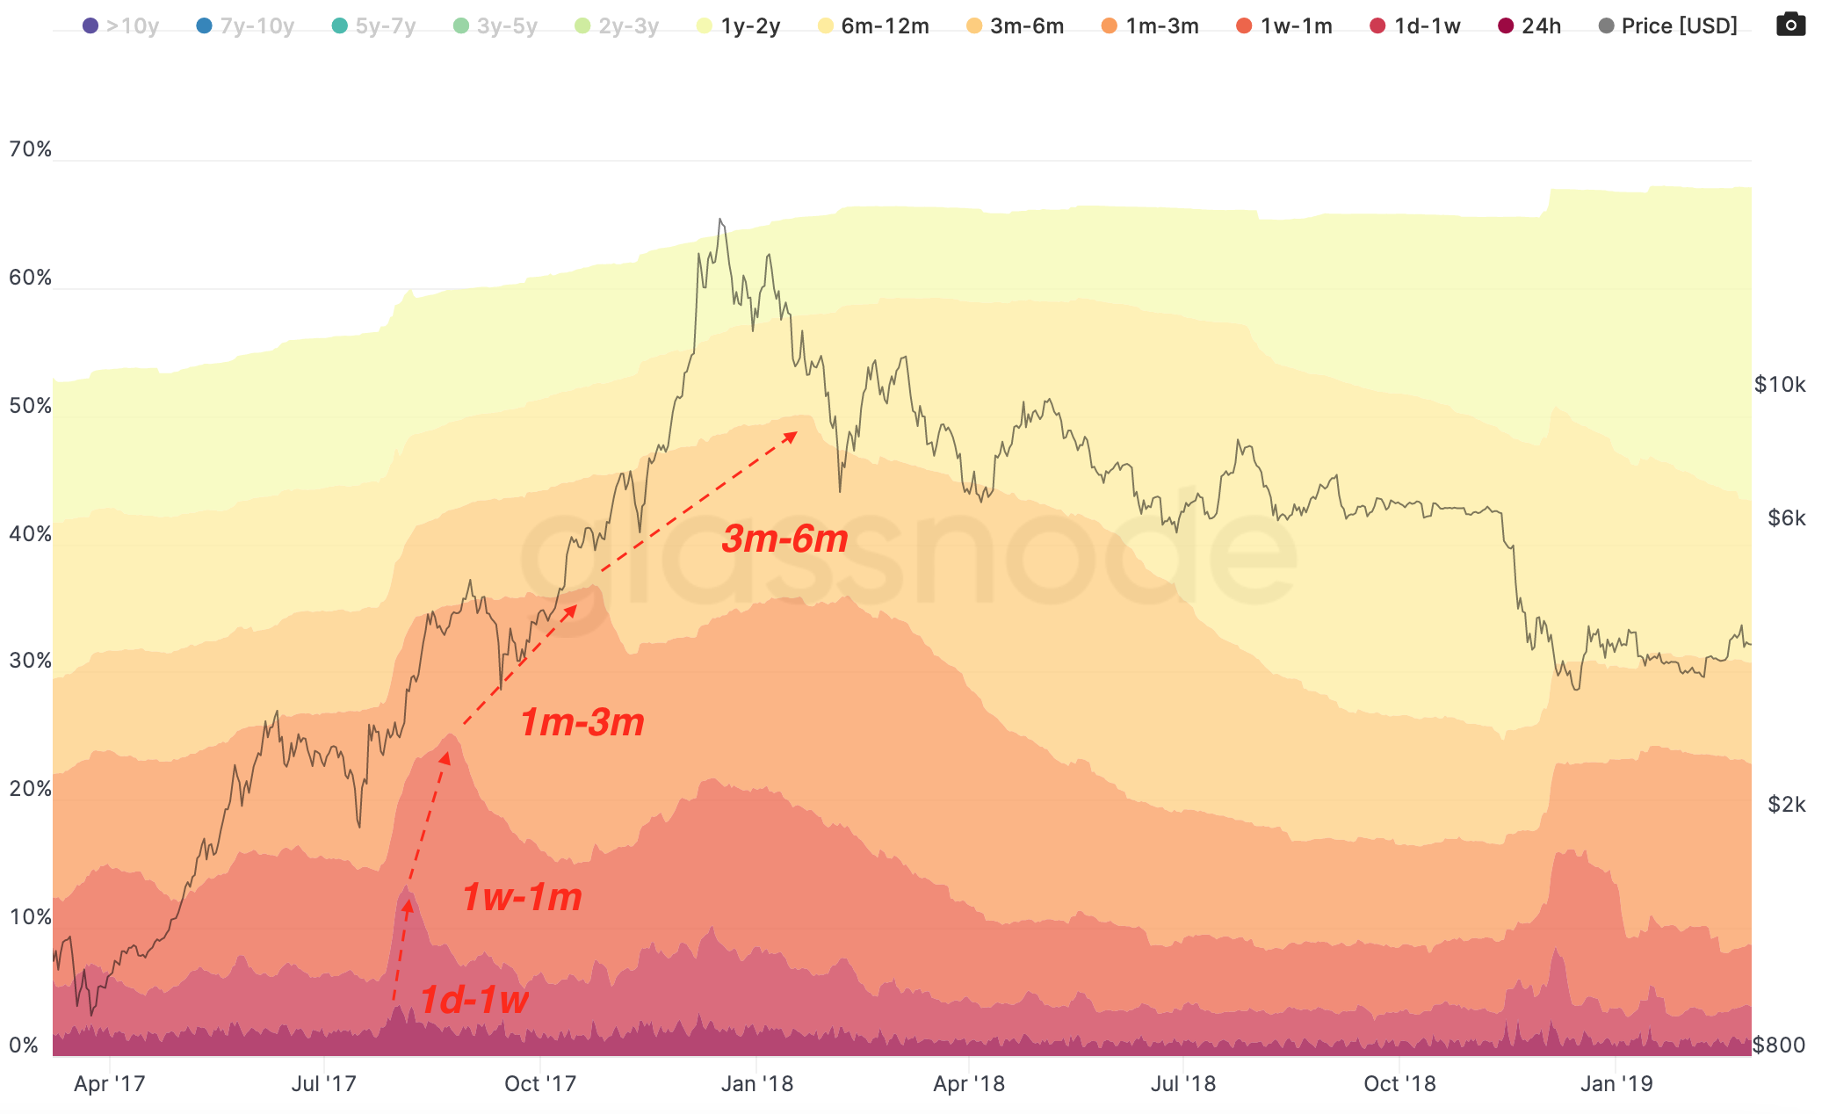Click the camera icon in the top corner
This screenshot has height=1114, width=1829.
[x=1790, y=25]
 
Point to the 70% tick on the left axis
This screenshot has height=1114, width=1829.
[x=30, y=149]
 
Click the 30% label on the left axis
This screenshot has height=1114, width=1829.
[x=30, y=661]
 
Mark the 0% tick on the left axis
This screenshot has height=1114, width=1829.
[x=24, y=1045]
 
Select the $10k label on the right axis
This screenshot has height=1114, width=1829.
[x=1779, y=385]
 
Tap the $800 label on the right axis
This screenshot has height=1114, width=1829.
[x=1778, y=1045]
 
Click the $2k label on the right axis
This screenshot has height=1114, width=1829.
[x=1786, y=805]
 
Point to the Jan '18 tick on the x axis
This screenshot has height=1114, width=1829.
[x=756, y=1084]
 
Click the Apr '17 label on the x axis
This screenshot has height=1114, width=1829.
[x=109, y=1084]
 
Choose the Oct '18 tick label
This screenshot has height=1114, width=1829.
[x=1399, y=1084]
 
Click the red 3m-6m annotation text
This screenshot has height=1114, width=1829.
[x=784, y=539]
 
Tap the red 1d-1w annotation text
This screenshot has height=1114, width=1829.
[x=474, y=1000]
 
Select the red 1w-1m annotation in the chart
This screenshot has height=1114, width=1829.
[x=522, y=897]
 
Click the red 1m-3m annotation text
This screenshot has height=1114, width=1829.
[x=582, y=722]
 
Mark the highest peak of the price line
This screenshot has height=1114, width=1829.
[x=720, y=220]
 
